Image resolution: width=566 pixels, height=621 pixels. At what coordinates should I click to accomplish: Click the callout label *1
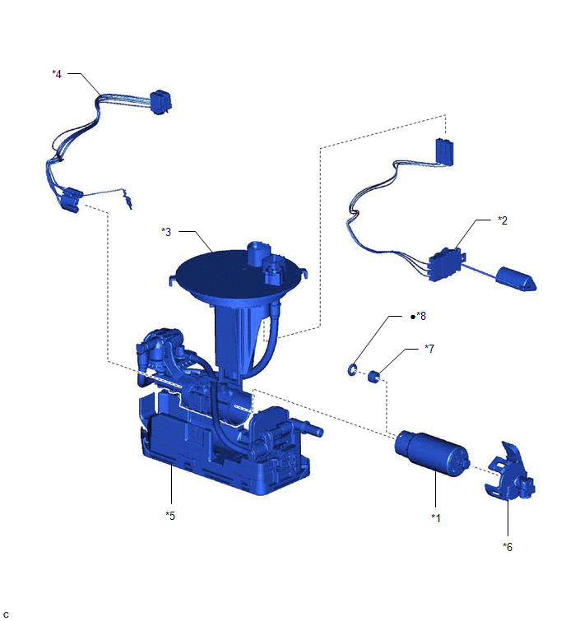tap(436, 518)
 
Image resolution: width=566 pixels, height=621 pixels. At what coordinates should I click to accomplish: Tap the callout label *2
tap(502, 220)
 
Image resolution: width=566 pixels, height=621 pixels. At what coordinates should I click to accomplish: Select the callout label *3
tap(166, 232)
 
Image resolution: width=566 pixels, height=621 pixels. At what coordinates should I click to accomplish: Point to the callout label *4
tap(57, 74)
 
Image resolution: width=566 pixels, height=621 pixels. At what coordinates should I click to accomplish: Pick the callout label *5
tap(170, 516)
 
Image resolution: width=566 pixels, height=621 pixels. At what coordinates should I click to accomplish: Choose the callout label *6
tap(508, 547)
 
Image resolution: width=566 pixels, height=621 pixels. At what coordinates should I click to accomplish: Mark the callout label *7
tap(429, 349)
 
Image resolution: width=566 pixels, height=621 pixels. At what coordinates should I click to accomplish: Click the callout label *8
tap(421, 316)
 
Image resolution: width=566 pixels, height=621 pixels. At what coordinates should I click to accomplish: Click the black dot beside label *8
tap(413, 317)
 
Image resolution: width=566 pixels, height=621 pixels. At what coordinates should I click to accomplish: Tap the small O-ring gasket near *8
tap(352, 370)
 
